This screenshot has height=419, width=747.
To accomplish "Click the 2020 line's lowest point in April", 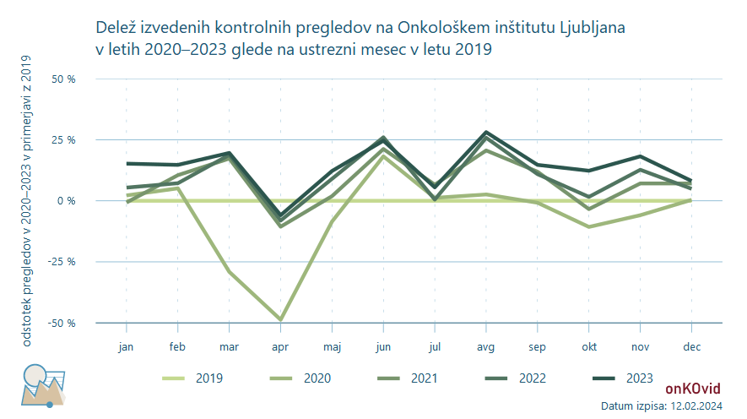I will point(280,320).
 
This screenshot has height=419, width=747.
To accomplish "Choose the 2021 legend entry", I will point(412,378).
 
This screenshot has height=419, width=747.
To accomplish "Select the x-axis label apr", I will point(280,346).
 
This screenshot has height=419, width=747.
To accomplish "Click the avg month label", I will point(486,346).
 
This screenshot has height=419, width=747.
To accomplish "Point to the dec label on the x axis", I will point(691,346).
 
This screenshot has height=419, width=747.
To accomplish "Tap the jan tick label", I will point(126,346).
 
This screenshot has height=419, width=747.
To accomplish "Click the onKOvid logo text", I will point(693,389).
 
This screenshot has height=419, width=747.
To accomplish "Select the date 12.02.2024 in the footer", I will point(695,406).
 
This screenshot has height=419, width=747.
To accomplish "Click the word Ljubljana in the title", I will point(593,28).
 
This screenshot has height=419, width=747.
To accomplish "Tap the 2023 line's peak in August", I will point(486,133).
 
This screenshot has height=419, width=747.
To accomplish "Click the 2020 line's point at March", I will point(229,272).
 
